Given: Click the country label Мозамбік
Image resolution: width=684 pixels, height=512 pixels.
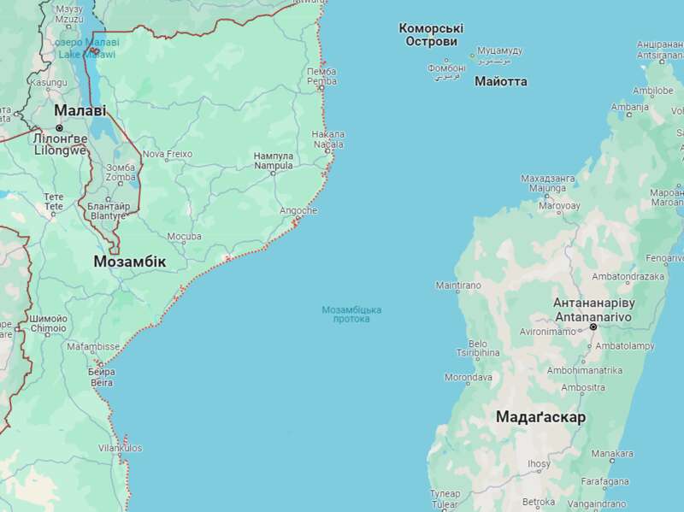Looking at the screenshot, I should click(x=130, y=262).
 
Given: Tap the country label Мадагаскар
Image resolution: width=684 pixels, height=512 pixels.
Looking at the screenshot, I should click(x=541, y=417).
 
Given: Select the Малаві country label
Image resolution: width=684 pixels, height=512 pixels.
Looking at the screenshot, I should click(x=80, y=111).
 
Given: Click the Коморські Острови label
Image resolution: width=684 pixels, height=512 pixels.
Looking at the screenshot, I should click(x=433, y=35).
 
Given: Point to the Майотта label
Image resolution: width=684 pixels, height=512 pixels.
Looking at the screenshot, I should click(x=500, y=81).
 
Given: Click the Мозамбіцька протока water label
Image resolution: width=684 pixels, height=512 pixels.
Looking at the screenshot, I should click(x=351, y=314).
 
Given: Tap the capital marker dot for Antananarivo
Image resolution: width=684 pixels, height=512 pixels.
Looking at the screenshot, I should click(x=592, y=327).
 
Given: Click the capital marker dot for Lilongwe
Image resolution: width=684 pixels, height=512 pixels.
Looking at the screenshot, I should click(x=59, y=128).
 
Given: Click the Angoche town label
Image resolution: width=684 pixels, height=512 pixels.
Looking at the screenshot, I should click(x=298, y=210).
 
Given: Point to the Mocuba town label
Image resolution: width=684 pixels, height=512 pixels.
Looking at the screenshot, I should click(x=185, y=236).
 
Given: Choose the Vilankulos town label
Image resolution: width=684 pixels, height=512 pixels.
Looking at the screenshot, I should click(x=121, y=448).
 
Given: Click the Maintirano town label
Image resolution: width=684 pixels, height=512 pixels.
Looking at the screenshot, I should click(x=458, y=285).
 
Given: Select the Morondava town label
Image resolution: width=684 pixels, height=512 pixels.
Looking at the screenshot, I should click(x=469, y=377).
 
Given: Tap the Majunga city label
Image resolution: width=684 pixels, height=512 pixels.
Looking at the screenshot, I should click(x=547, y=187).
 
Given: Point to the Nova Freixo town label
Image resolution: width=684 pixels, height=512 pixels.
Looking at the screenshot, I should click(x=167, y=155).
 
